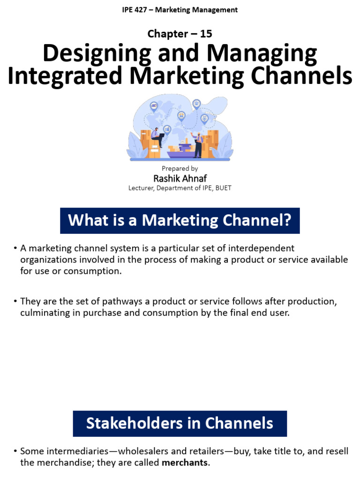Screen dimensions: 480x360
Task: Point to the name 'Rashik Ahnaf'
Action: pyautogui.click(x=180, y=179)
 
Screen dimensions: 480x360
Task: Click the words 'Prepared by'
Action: pyautogui.click(x=180, y=168)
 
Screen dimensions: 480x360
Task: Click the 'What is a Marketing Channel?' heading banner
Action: pyautogui.click(x=180, y=220)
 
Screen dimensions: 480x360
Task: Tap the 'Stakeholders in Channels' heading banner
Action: pyautogui.click(x=180, y=424)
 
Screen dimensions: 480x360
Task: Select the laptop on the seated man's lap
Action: pyautogui.click(x=161, y=136)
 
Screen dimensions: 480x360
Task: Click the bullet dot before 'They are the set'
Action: pyautogui.click(x=15, y=300)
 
